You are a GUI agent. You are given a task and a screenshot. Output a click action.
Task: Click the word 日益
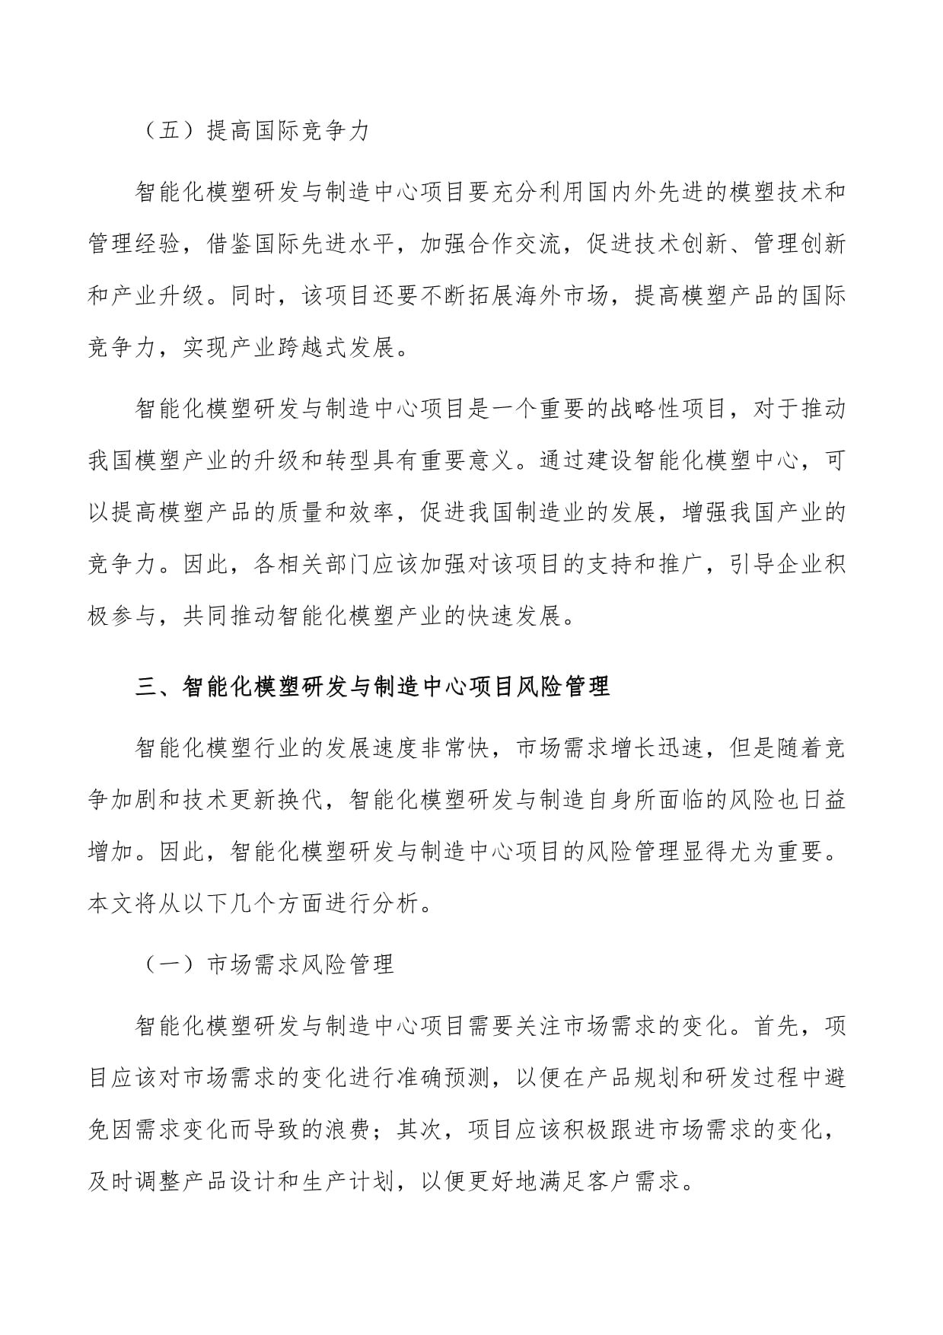pos(824,801)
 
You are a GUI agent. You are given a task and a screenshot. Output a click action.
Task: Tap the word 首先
pos(776,1027)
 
